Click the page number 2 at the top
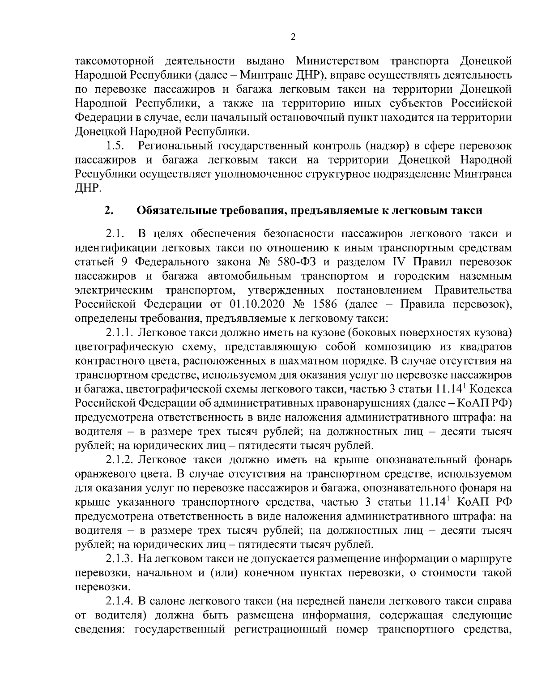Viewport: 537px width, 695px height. pyautogui.click(x=293, y=38)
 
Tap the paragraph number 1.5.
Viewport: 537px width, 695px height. pyautogui.click(x=115, y=146)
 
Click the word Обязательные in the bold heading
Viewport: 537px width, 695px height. pyautogui.click(x=173, y=210)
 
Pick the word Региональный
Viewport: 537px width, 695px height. pyautogui.click(x=175, y=146)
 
